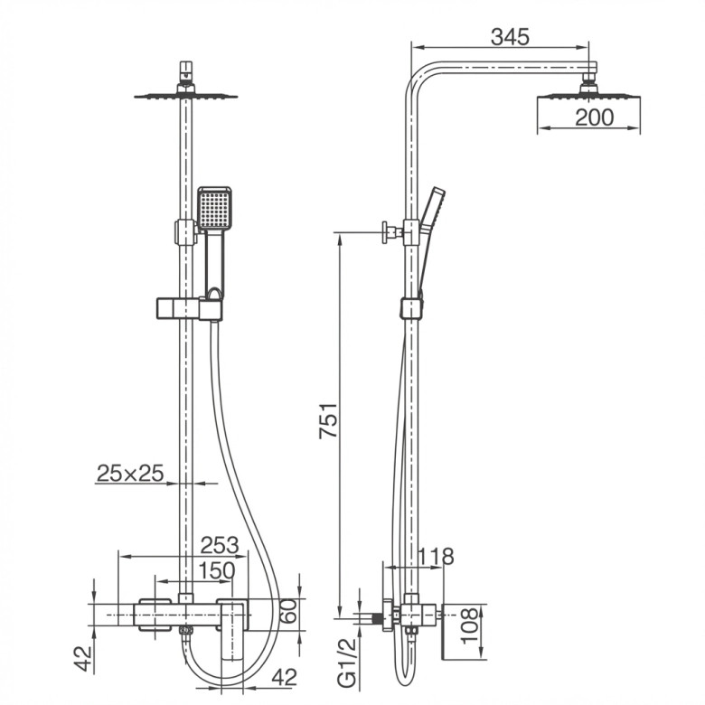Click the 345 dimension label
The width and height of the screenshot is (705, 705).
(x=510, y=37)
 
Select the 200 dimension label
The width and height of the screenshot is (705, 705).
(x=595, y=117)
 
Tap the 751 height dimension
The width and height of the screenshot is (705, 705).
(x=328, y=421)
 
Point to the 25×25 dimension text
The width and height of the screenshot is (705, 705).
(x=130, y=473)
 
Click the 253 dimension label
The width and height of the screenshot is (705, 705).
(x=220, y=545)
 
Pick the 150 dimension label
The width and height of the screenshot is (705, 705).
(x=217, y=571)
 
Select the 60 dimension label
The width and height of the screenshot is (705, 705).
(x=289, y=611)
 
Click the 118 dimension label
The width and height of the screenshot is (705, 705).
(x=435, y=557)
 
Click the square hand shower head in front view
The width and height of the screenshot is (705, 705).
(x=214, y=208)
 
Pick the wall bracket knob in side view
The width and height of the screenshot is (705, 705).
(x=387, y=232)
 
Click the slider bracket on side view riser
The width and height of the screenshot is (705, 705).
(x=411, y=307)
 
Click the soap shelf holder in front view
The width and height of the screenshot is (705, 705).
(x=189, y=308)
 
